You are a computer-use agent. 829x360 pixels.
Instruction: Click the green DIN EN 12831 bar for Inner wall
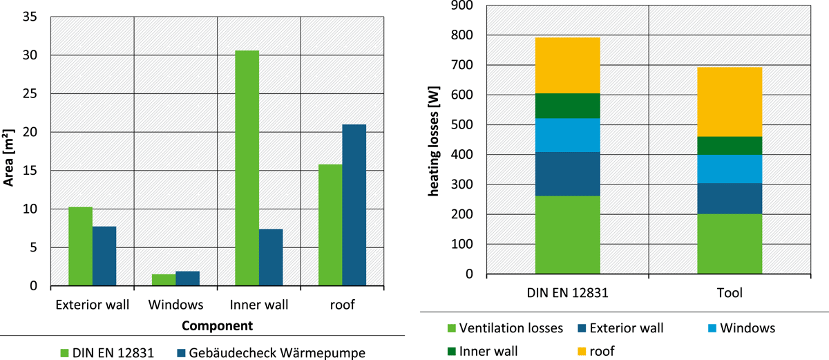pos(247,168)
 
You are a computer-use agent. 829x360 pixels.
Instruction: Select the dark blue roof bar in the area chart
pos(354,205)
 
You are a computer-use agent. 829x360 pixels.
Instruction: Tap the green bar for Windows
pos(164,280)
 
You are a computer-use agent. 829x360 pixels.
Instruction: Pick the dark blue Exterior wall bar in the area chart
pos(104,256)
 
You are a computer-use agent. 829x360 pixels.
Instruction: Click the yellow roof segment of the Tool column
pos(730,102)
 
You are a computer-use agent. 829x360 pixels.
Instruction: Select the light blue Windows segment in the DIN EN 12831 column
pos(567,135)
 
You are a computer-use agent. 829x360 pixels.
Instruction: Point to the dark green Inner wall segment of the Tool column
pos(730,146)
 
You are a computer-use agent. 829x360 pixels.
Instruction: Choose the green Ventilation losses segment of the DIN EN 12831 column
pos(567,235)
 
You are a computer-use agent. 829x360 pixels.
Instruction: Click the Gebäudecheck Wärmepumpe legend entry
pos(271,352)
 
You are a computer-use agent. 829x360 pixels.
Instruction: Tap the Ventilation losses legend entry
pos(505,328)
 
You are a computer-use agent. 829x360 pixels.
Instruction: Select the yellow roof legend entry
pos(595,351)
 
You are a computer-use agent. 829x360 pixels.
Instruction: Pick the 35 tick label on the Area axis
pos(30,17)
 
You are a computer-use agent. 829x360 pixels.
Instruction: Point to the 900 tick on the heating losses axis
pos(462,6)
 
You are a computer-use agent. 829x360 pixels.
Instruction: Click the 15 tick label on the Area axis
pos(30,171)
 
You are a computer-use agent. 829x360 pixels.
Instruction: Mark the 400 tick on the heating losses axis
pos(462,155)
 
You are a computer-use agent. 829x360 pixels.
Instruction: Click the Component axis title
pos(217,325)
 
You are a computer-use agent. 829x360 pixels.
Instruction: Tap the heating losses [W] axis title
pos(433,142)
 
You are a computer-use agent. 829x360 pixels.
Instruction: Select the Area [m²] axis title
pos(8,158)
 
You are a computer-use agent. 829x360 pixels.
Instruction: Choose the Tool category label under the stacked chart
pos(730,293)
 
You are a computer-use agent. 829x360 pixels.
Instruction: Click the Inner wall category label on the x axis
pos(258,305)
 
